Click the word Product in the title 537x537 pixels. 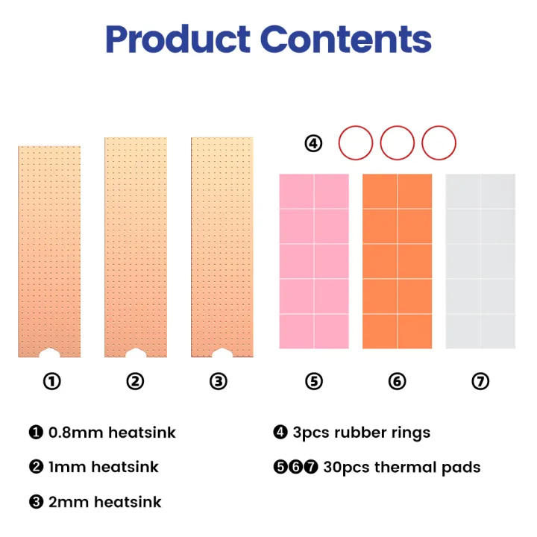tap(177, 41)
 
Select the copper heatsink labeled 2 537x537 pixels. tap(135, 246)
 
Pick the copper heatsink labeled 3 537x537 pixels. tap(222, 246)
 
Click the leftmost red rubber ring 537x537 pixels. tap(356, 142)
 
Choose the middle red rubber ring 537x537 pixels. tap(397, 142)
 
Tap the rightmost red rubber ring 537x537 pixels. tap(439, 142)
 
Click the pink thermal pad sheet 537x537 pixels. tap(314, 261)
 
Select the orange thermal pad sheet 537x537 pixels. tap(398, 261)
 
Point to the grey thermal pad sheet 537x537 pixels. tap(480, 261)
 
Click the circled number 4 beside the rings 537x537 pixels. tap(314, 143)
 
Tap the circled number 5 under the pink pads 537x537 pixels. tap(314, 382)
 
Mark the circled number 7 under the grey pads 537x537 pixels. tap(480, 382)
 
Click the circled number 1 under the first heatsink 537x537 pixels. tap(51, 382)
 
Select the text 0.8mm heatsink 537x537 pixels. tap(112, 433)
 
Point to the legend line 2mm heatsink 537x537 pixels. tap(104, 502)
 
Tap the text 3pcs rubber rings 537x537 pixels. tap(361, 433)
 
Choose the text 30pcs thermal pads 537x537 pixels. tap(402, 468)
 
